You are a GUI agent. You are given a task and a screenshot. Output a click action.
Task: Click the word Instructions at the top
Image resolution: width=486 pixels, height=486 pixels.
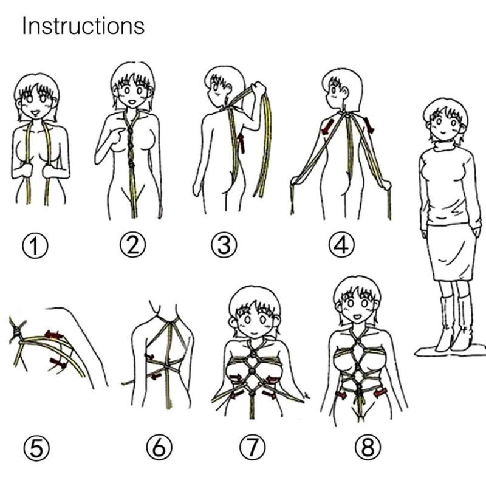pyautogui.click(x=83, y=26)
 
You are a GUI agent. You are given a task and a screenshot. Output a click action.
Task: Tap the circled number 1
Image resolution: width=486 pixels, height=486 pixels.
pyautogui.click(x=35, y=246)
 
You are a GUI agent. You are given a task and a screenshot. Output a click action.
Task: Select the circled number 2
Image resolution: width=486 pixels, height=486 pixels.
pyautogui.click(x=132, y=244)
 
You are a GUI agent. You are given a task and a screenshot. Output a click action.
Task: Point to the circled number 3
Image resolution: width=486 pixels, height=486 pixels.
pyautogui.click(x=224, y=245)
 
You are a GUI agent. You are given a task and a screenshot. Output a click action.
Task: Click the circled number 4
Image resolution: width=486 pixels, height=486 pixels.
pyautogui.click(x=341, y=245)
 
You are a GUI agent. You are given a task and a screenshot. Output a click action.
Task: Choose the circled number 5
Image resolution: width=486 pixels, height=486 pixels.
pyautogui.click(x=36, y=448)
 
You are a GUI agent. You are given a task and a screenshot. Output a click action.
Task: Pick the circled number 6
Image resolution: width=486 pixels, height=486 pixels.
pyautogui.click(x=159, y=447)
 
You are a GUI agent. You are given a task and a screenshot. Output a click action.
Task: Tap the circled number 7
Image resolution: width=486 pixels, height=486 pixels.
pyautogui.click(x=252, y=447)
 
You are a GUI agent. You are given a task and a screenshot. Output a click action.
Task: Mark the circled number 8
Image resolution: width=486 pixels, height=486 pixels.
pyautogui.click(x=368, y=448)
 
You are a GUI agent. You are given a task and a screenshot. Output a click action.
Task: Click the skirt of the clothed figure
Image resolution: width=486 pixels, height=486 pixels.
pyautogui.click(x=451, y=253)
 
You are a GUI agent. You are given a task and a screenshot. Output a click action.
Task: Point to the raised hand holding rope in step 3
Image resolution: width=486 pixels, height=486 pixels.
pyautogui.click(x=258, y=89)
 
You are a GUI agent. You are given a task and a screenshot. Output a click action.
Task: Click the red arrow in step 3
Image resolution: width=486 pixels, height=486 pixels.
pyautogui.click(x=241, y=143)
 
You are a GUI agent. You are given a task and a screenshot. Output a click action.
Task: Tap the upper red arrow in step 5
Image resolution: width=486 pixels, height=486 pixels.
pyautogui.click(x=54, y=335)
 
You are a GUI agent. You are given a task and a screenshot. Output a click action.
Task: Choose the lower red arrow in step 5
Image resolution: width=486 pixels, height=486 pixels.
pyautogui.click(x=58, y=363)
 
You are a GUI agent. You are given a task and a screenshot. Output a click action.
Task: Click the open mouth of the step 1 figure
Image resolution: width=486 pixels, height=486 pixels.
pyautogui.click(x=35, y=114)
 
